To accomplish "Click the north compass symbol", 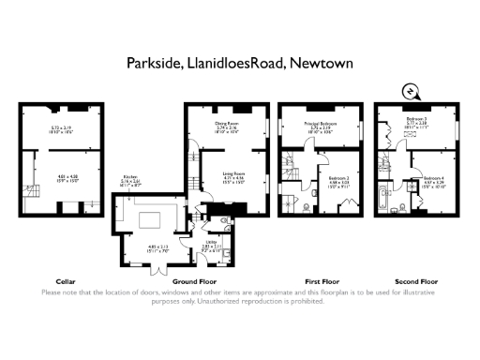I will (410, 91).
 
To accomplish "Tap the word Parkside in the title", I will (152, 64).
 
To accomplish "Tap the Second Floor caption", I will (415, 281).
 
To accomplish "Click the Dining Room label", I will (228, 123).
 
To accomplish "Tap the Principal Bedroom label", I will (322, 123).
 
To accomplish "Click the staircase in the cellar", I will (33, 193).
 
